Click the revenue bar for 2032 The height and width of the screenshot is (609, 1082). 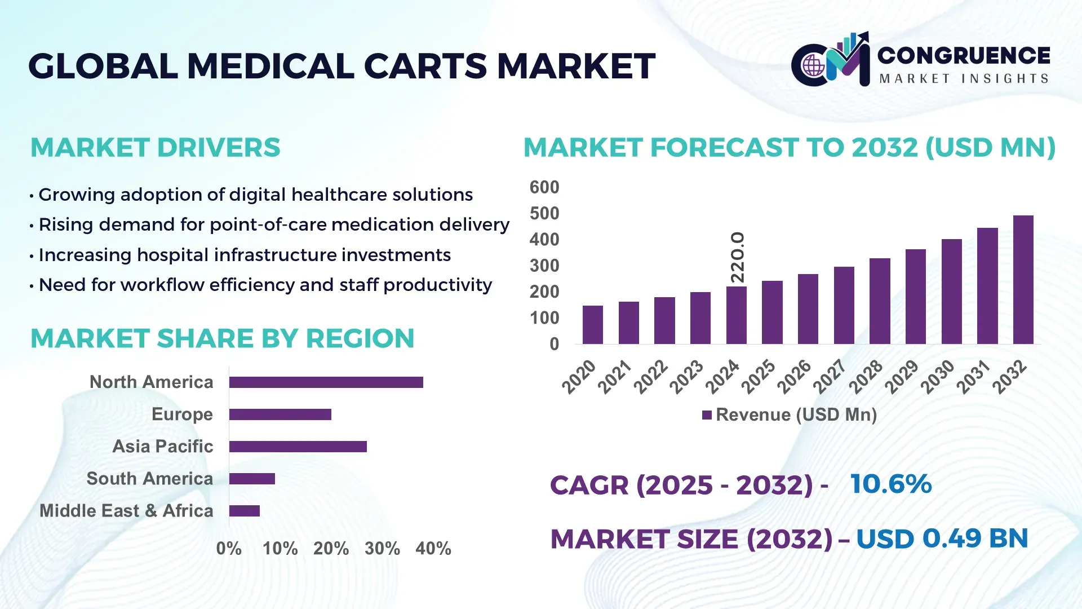[1023, 280]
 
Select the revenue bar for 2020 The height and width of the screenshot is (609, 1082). [592, 325]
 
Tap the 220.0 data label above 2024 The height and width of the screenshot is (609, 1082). [737, 257]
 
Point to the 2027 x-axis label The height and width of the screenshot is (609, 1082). [830, 377]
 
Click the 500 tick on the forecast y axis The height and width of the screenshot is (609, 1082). [544, 214]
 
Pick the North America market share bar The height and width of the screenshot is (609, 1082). [326, 382]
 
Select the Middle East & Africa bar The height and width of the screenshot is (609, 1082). [244, 511]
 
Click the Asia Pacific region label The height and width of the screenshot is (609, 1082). [162, 447]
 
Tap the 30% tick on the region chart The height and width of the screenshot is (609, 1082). [382, 549]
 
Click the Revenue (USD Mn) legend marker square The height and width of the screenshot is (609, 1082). [707, 416]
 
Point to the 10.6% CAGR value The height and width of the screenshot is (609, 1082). [890, 484]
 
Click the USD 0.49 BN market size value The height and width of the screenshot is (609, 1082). [942, 539]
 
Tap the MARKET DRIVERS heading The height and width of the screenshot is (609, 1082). [155, 148]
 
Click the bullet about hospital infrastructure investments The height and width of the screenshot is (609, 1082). [244, 255]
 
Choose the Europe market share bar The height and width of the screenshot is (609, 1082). [280, 414]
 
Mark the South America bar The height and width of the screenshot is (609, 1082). [252, 479]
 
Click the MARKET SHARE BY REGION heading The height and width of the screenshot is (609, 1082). [222, 339]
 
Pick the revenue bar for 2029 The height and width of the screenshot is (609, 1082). [915, 297]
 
